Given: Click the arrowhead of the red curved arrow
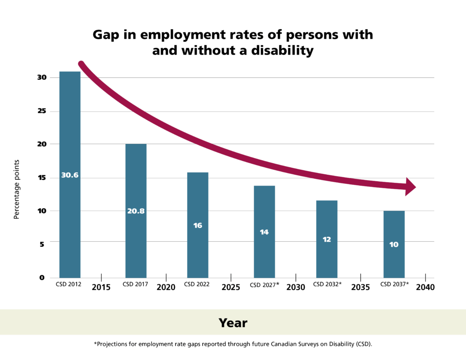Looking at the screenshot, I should pyautogui.click(x=410, y=187).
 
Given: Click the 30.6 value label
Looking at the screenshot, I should pyautogui.click(x=70, y=175).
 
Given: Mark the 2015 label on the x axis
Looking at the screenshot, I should pyautogui.click(x=101, y=288).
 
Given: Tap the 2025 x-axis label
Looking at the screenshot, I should pyautogui.click(x=231, y=288).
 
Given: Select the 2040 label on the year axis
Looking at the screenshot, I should pyautogui.click(x=425, y=288).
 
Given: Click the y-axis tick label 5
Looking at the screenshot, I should pyautogui.click(x=42, y=244).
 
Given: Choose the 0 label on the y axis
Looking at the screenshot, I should pyautogui.click(x=42, y=278).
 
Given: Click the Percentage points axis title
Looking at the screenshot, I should pyautogui.click(x=16, y=189).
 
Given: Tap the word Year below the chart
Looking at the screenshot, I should pyautogui.click(x=233, y=323).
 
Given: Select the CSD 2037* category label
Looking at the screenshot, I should pyautogui.click(x=394, y=284).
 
